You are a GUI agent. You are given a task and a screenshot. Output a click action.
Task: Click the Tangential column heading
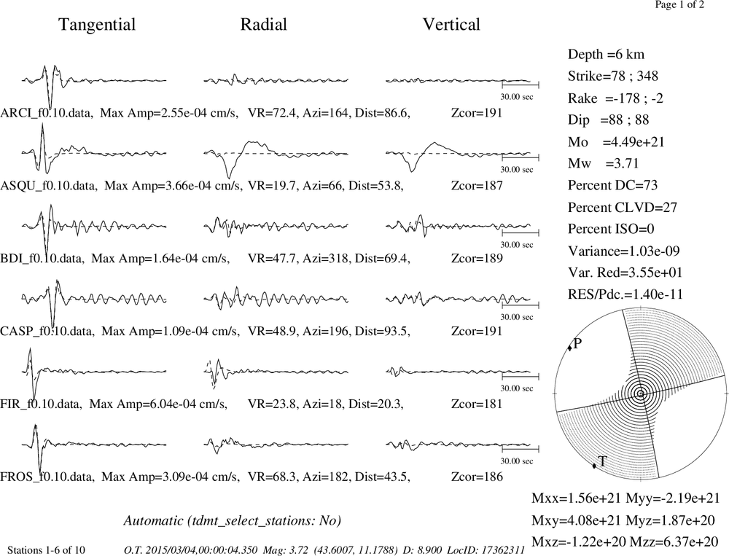point(97,25)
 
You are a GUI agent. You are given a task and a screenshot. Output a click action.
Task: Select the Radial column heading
point(264,24)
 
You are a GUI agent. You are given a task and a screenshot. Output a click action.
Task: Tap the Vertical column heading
point(451,24)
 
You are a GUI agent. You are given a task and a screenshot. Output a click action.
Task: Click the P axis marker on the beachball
point(569,348)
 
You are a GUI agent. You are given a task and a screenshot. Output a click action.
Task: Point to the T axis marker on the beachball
point(594,466)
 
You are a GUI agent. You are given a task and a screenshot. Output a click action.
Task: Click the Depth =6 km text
point(606,55)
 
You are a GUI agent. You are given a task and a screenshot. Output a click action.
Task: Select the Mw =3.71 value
point(603,163)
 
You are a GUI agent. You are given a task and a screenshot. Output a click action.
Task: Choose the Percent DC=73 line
point(612,185)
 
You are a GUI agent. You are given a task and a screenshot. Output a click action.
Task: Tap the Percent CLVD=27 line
point(622,207)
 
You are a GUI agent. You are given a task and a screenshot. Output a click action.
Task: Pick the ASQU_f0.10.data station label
point(49,186)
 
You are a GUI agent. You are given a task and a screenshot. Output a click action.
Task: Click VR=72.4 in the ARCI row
point(272,113)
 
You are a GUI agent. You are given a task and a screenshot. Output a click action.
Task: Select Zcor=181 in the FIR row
point(477,404)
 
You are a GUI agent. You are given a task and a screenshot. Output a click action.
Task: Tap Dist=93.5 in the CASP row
point(382,332)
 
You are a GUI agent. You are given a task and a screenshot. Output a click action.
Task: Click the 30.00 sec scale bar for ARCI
point(521,84)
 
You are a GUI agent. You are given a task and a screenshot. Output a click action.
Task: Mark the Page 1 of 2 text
point(679,4)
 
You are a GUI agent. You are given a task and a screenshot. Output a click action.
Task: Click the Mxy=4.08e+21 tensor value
point(576,520)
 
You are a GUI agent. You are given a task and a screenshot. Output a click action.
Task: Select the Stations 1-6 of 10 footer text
point(46,550)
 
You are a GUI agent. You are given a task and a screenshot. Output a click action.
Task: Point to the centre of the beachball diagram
point(641,393)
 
